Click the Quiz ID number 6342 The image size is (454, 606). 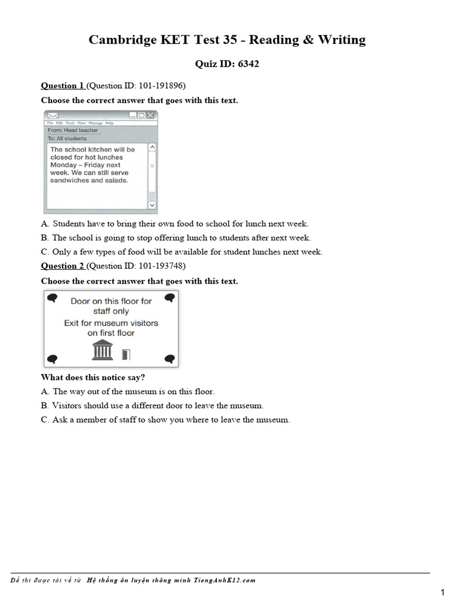click(248, 64)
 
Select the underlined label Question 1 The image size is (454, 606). click(62, 86)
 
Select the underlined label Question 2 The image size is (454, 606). click(62, 266)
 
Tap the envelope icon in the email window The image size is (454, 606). click(53, 115)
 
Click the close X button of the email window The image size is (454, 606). click(151, 115)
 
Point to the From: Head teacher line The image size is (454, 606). click(73, 130)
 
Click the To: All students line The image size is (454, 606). click(67, 138)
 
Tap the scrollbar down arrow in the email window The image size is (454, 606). click(152, 205)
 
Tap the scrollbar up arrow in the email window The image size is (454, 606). click(152, 147)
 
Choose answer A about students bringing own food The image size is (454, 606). click(174, 224)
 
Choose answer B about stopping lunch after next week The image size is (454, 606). click(176, 238)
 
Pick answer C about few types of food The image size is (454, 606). click(181, 252)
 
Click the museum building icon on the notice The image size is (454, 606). click(103, 350)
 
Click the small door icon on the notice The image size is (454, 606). click(125, 354)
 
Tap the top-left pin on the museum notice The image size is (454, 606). click(52, 298)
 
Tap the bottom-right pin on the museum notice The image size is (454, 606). click(170, 359)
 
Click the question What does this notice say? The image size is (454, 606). click(93, 378)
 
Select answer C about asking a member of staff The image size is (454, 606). click(166, 420)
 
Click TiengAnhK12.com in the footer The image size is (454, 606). click(227, 581)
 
